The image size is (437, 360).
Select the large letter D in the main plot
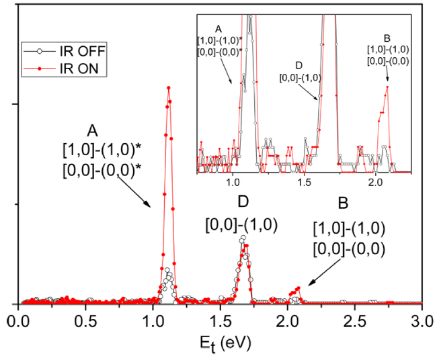(x=243, y=202)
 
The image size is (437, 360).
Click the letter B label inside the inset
(x=385, y=38)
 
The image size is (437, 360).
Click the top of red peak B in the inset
(x=387, y=86)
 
